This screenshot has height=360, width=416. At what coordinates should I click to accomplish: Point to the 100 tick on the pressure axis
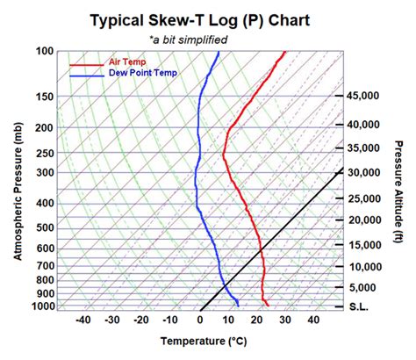45,51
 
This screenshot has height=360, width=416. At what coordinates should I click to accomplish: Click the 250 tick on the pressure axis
45,153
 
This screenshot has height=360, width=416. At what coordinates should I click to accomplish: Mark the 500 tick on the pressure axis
45,227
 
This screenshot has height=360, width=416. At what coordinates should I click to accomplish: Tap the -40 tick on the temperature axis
82,320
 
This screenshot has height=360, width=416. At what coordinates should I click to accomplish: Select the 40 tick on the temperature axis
313,320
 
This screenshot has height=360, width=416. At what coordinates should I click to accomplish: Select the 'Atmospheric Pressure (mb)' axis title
18,191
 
